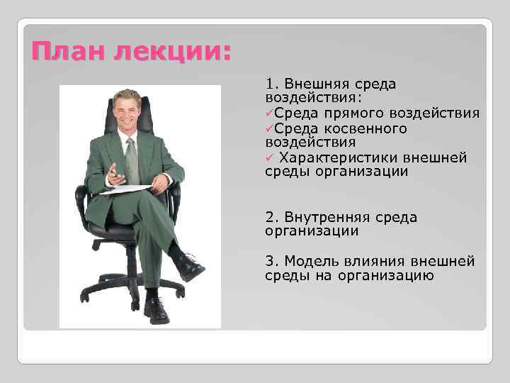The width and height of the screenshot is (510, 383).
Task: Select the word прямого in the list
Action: pos(353,113)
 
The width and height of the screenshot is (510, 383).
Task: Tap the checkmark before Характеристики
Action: pos(269,157)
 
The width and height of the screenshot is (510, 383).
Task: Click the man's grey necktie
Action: pos(132,160)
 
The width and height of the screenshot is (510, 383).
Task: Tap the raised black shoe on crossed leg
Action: pos(190,267)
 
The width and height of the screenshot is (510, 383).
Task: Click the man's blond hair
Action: pos(127,96)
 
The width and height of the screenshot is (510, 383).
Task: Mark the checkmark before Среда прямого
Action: pos(269,113)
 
